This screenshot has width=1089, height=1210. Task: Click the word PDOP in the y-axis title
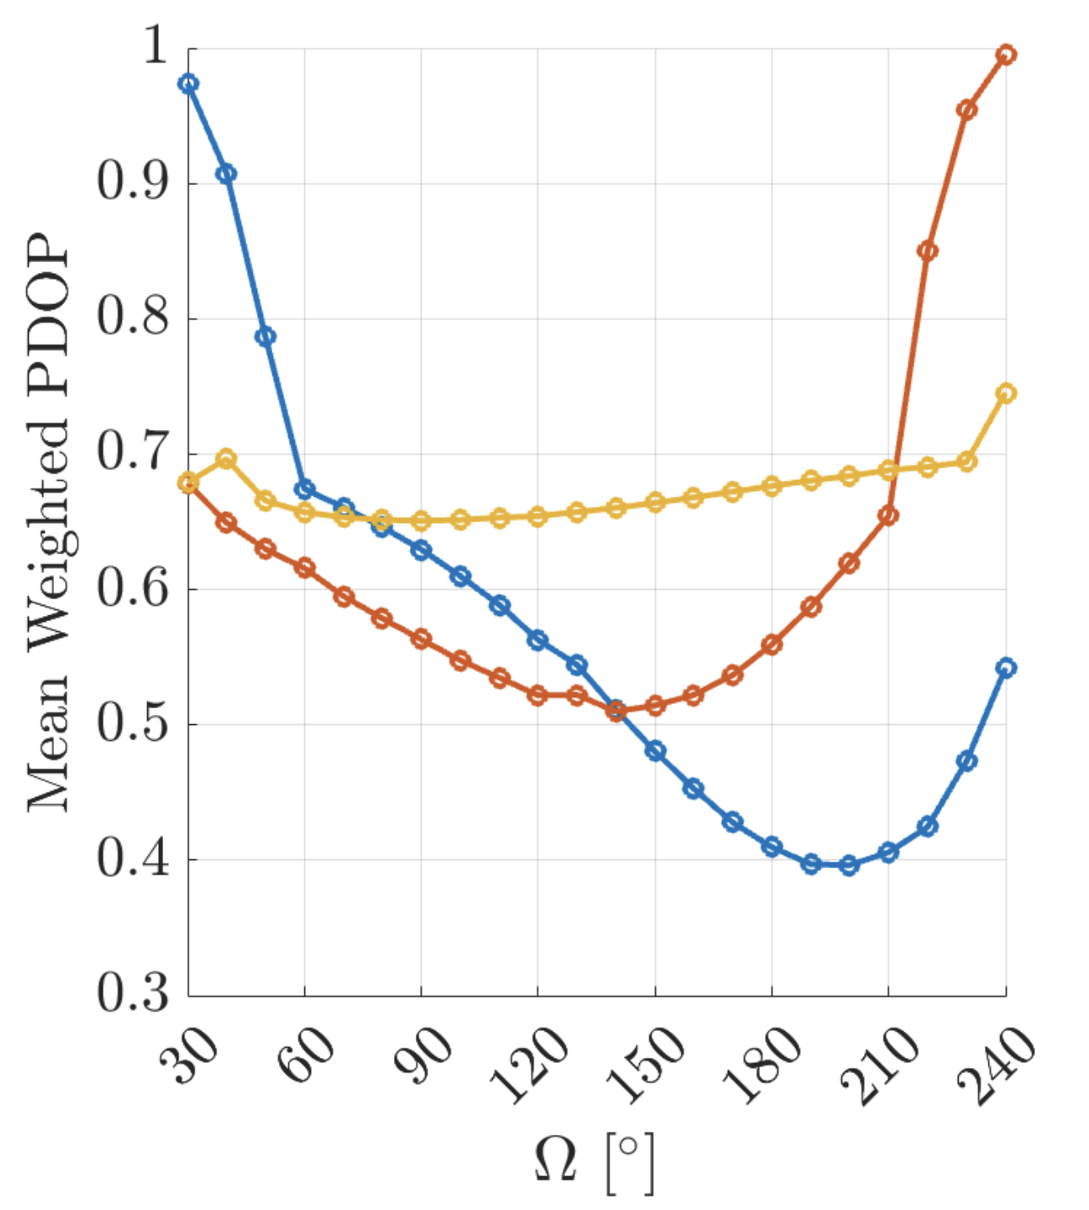click(x=48, y=313)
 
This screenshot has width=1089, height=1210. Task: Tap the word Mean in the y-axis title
click(x=48, y=743)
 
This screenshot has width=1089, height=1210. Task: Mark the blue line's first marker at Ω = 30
click(x=189, y=83)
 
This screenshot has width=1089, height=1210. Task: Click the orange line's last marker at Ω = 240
click(x=1006, y=55)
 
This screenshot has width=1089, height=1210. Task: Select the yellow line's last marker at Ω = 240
click(x=1006, y=393)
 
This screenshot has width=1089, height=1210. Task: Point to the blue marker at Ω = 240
click(x=1006, y=668)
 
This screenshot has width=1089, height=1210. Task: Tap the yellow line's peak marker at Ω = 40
click(x=227, y=459)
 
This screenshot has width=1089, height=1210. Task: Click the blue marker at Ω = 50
click(x=265, y=336)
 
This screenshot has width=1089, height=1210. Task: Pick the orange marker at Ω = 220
click(x=928, y=250)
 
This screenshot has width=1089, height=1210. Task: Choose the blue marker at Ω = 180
click(x=772, y=847)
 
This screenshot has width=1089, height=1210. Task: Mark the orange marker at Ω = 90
click(x=421, y=639)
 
